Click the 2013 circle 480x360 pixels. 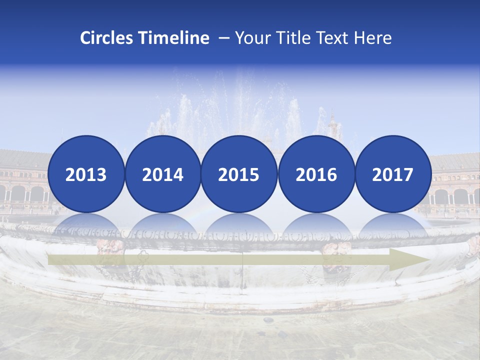(86, 174)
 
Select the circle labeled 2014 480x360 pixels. (162, 174)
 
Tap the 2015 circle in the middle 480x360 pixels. (239, 174)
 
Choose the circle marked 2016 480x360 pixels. (316, 174)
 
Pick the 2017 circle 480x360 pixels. (392, 174)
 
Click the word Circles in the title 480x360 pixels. (106, 38)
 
